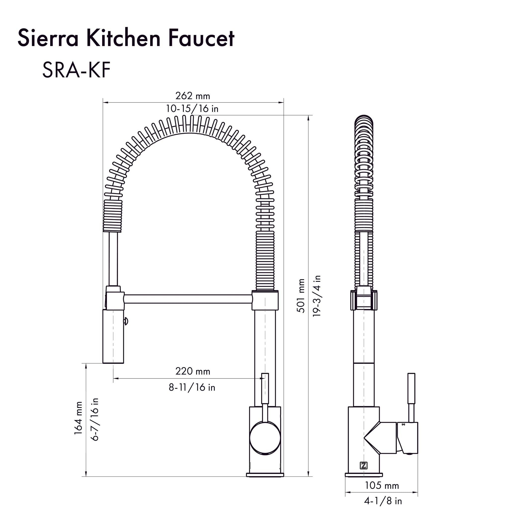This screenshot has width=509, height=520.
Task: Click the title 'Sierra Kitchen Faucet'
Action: coord(126,39)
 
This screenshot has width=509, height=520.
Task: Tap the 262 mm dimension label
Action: coord(192,96)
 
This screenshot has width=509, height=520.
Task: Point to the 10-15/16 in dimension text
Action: coord(192,109)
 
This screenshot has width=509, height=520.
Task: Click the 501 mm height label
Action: coord(301,296)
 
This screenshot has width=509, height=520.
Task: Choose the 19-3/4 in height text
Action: coord(317,296)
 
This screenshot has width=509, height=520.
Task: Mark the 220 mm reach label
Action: coord(192,371)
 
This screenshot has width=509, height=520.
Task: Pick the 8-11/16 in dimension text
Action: coord(192,387)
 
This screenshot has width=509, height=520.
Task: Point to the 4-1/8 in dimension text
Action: coord(383,501)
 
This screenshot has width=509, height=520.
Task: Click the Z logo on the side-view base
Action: coord(363,466)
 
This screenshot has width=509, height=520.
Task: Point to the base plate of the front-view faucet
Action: coord(265,475)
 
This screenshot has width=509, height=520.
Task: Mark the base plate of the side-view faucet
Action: coord(364,475)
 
